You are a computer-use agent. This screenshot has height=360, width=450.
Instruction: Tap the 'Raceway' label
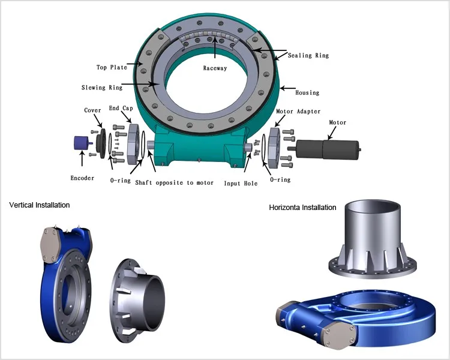tap(215, 68)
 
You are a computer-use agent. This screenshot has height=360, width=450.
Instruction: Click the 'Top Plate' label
tap(112, 67)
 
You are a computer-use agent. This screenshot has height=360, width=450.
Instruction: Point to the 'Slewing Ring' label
tap(102, 87)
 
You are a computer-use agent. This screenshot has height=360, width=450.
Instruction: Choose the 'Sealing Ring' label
tap(308, 55)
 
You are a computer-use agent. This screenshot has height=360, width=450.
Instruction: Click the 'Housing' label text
tap(307, 93)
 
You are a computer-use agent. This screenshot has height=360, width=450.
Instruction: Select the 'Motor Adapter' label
tap(298, 112)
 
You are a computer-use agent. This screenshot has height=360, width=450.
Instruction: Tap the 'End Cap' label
tap(121, 108)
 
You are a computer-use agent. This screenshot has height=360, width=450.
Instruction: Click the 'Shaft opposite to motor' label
tap(174, 182)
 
